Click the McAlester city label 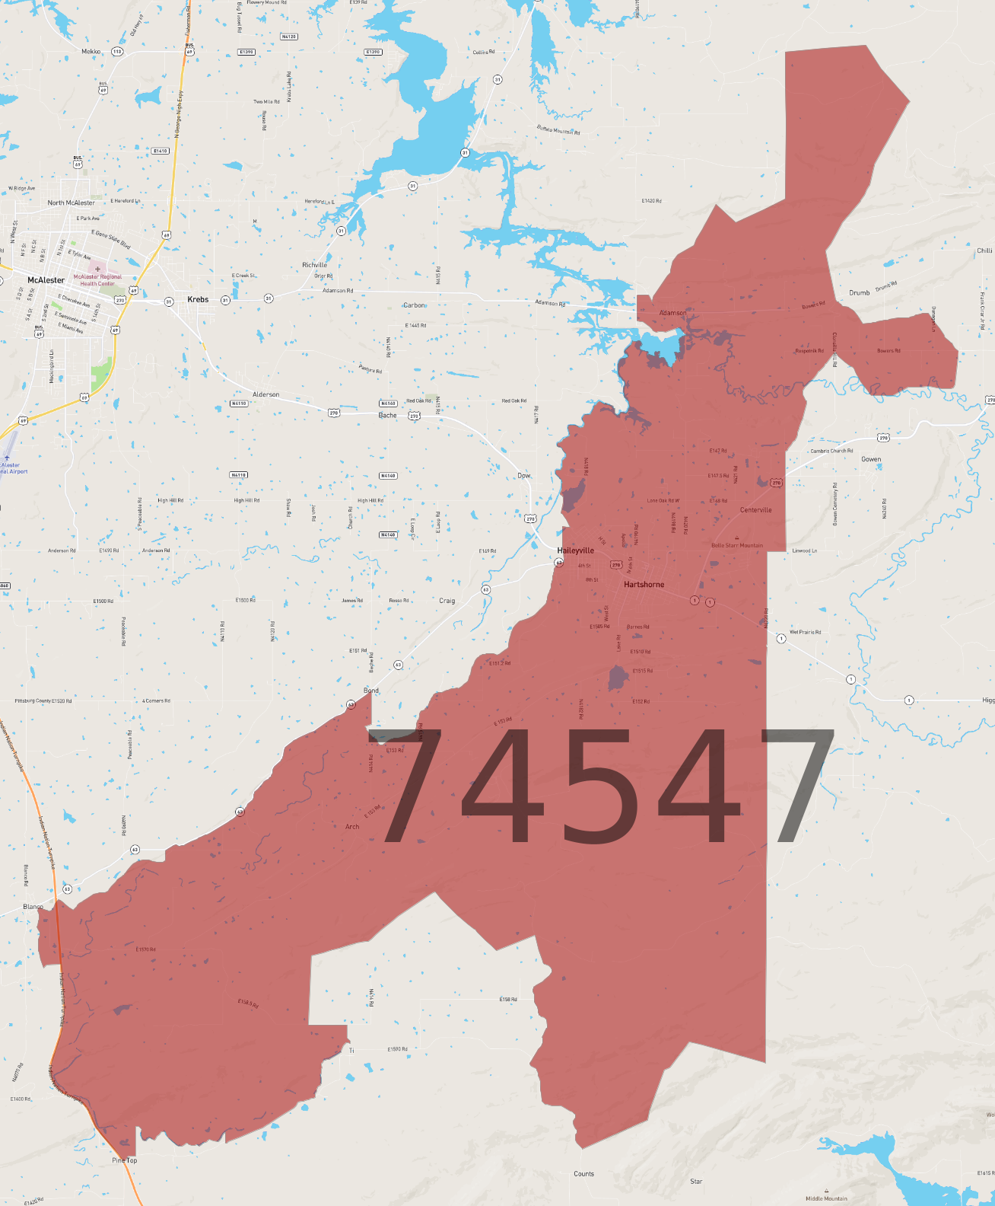[x=46, y=280]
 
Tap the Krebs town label [x=198, y=299]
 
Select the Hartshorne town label [x=644, y=585]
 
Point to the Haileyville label [x=575, y=550]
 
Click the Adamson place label [x=672, y=313]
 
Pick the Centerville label [x=755, y=510]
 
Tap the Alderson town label [x=265, y=394]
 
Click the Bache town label [x=387, y=415]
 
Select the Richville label [x=314, y=265]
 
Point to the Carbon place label [x=414, y=305]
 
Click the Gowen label [x=871, y=459]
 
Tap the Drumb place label [x=859, y=292]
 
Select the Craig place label [x=447, y=601]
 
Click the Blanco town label [x=33, y=907]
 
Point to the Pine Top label [x=125, y=1160]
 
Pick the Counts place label [x=583, y=1173]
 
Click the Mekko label [x=91, y=52]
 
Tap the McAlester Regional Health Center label [x=97, y=280]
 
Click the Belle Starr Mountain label [x=736, y=545]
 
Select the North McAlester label [x=71, y=203]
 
